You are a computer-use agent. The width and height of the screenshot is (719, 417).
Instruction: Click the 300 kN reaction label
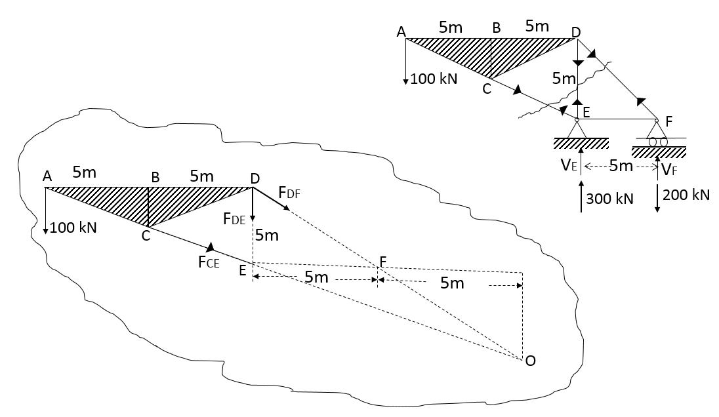click(x=609, y=198)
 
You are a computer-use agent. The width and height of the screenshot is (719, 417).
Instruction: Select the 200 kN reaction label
click(x=686, y=195)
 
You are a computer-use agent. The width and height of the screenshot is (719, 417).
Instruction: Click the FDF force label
click(x=289, y=192)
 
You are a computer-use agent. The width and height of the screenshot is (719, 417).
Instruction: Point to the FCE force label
click(x=208, y=263)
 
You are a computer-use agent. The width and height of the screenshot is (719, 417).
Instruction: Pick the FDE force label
click(x=234, y=220)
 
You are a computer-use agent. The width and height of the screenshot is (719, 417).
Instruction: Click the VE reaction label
click(x=568, y=166)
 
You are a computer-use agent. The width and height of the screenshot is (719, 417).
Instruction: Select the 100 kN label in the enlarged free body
click(x=73, y=228)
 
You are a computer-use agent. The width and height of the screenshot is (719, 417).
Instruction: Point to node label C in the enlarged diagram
click(x=146, y=237)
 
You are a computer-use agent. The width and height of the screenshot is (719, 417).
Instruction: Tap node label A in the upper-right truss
click(x=401, y=31)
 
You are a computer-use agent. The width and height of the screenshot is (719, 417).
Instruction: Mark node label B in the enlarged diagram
click(x=155, y=177)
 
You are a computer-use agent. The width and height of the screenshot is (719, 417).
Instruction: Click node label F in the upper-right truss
click(x=668, y=121)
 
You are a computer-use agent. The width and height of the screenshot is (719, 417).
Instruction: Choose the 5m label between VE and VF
click(x=621, y=166)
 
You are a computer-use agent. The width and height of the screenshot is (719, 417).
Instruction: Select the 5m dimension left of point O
click(x=452, y=283)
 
